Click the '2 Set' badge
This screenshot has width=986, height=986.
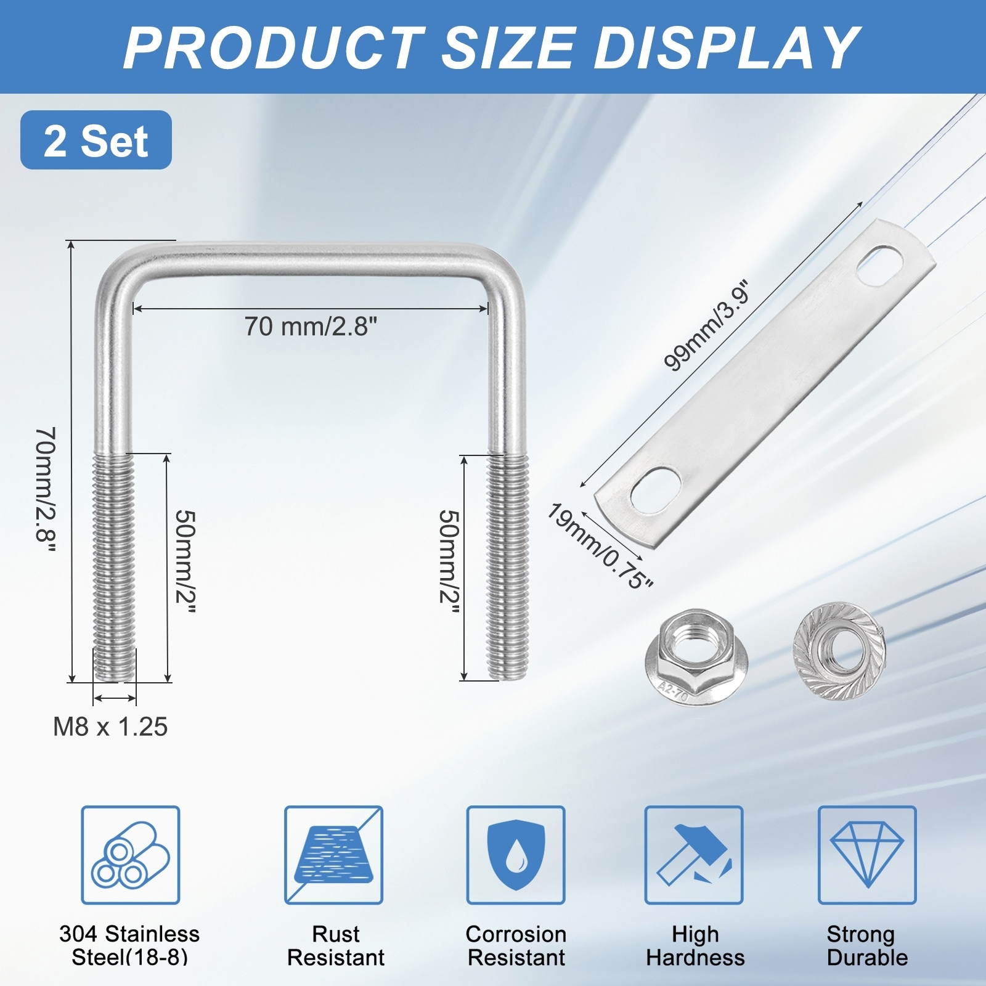pos(96,140)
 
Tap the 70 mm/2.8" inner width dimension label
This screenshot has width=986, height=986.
pos(311,327)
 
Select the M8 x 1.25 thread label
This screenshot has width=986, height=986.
pos(110,727)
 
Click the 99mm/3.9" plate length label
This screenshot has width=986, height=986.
pos(708,327)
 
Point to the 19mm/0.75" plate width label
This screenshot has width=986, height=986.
pos(600,547)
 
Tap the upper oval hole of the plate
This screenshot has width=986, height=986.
pos(879,266)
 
